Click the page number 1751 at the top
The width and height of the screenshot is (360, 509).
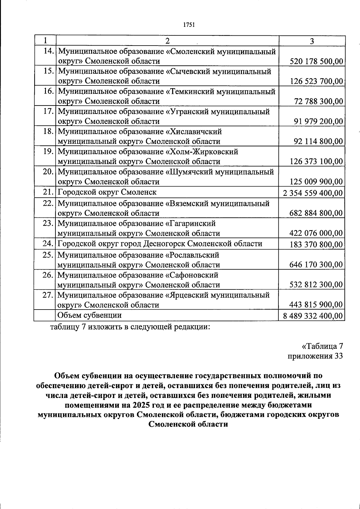pos(189,25)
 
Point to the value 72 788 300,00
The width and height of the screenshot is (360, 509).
pos(318,101)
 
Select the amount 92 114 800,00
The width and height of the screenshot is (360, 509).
pos(318,142)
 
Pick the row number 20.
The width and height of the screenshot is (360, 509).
pos(48,172)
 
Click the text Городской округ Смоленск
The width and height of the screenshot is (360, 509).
pos(107,192)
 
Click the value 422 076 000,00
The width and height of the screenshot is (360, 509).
pos(316,233)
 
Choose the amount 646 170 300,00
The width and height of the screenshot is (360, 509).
pos(316,265)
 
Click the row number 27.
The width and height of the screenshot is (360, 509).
pos(48,295)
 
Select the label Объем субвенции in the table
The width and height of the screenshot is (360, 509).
pos(89,315)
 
